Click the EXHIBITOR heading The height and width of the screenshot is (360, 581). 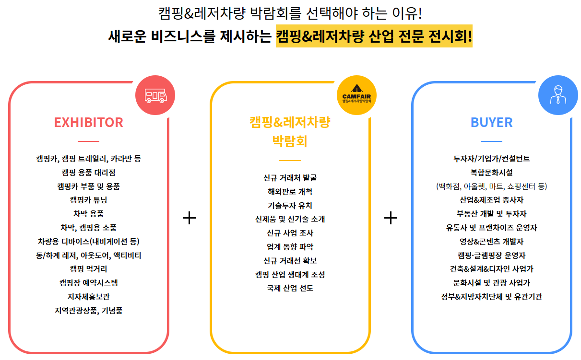point(88,122)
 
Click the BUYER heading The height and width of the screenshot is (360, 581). point(491,122)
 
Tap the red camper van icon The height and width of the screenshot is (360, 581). point(155,96)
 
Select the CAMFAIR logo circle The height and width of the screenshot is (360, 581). point(356,96)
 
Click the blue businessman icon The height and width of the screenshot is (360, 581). point(558,96)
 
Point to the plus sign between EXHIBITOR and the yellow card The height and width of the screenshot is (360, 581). point(190,218)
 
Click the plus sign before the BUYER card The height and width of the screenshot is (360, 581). point(391,218)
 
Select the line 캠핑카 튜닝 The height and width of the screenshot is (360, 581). point(88,200)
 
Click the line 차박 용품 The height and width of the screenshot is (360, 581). point(88,214)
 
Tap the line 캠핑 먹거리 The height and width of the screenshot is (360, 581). point(88,269)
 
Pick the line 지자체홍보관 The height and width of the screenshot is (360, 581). point(88,297)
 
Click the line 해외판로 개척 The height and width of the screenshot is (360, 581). point(290,192)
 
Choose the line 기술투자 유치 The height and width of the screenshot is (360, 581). point(290,206)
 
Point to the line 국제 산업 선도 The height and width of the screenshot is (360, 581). point(290,289)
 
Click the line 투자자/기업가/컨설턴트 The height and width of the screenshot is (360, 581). point(491,159)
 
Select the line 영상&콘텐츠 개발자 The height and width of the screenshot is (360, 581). point(491,242)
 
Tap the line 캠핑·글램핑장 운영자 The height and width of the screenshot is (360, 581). point(491,255)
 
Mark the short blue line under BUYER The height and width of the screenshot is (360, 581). point(491,141)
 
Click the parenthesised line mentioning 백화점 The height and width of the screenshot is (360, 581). point(491,186)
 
